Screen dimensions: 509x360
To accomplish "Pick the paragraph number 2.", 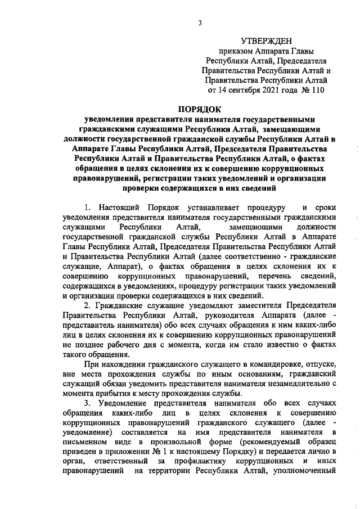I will pyautogui.click(x=87, y=307).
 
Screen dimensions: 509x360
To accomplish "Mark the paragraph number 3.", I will pyautogui.click(x=87, y=404).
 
